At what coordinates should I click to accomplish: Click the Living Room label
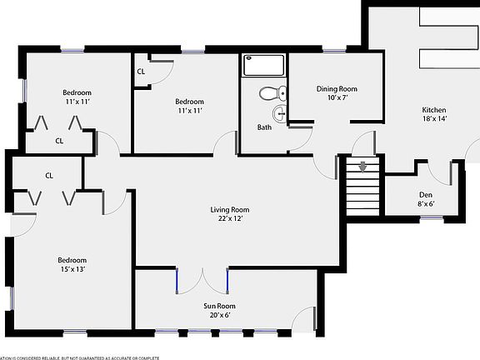pyautogui.click(x=229, y=210)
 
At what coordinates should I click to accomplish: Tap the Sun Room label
pyautogui.click(x=220, y=306)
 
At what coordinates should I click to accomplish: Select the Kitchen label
pyautogui.click(x=433, y=110)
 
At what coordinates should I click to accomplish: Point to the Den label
pyautogui.click(x=426, y=193)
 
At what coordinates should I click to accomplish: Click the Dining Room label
pyautogui.click(x=336, y=88)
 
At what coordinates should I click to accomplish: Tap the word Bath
pyautogui.click(x=264, y=127)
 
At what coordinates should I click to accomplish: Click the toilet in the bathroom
pyautogui.click(x=272, y=93)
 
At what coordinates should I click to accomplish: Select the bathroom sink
pyautogui.click(x=280, y=114)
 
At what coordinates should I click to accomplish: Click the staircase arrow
pyautogui.click(x=362, y=167)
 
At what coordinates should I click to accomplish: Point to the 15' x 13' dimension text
pyautogui.click(x=72, y=269)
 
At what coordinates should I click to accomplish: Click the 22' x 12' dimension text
pyautogui.click(x=229, y=220)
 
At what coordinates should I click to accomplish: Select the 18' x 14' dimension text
pyautogui.click(x=433, y=120)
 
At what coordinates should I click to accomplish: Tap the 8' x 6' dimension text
pyautogui.click(x=426, y=202)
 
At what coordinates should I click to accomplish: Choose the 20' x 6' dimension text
pyautogui.click(x=220, y=315)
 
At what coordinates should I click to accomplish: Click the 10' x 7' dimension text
pyautogui.click(x=336, y=97)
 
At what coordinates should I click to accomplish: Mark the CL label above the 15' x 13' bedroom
pyautogui.click(x=49, y=175)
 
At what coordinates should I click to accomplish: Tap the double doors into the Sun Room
pyautogui.click(x=202, y=278)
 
